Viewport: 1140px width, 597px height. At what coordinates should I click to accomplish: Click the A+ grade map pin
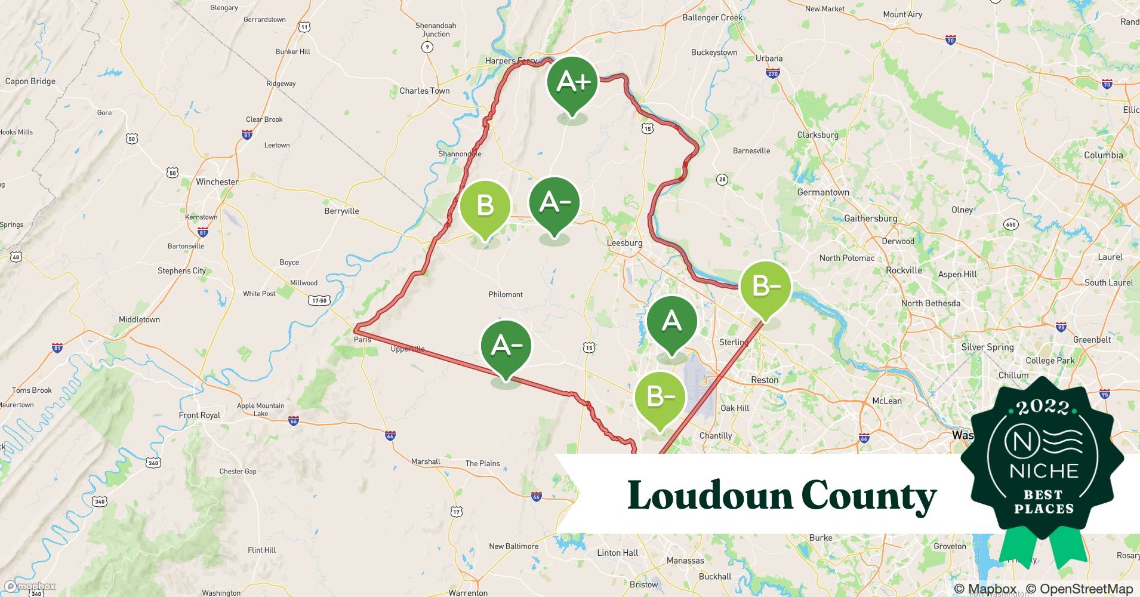[572, 84]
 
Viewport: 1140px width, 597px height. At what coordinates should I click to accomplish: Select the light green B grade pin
[485, 208]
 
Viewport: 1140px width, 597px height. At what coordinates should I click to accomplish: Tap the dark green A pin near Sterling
[671, 323]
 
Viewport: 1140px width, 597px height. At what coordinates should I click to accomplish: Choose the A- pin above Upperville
[506, 347]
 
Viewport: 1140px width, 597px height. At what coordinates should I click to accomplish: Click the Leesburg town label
[624, 243]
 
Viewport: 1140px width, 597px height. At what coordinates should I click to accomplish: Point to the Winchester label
[217, 181]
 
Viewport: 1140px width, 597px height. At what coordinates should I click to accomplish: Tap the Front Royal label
[199, 415]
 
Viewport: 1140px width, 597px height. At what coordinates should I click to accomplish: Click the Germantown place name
[823, 192]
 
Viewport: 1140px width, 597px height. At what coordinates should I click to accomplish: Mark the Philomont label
[506, 294]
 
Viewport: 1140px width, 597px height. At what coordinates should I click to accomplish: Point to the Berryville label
[341, 211]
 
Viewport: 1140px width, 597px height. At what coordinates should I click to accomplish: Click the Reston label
[765, 380]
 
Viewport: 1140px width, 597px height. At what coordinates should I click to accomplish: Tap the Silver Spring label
[987, 347]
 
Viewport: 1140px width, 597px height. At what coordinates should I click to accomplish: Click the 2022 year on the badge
[1043, 408]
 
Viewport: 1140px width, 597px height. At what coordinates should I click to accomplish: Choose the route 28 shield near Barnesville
[722, 180]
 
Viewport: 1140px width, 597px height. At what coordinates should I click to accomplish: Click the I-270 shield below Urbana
[773, 73]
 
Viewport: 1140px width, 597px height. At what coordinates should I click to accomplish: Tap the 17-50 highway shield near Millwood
[319, 300]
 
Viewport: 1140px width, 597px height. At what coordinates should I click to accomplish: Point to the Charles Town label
[424, 91]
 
